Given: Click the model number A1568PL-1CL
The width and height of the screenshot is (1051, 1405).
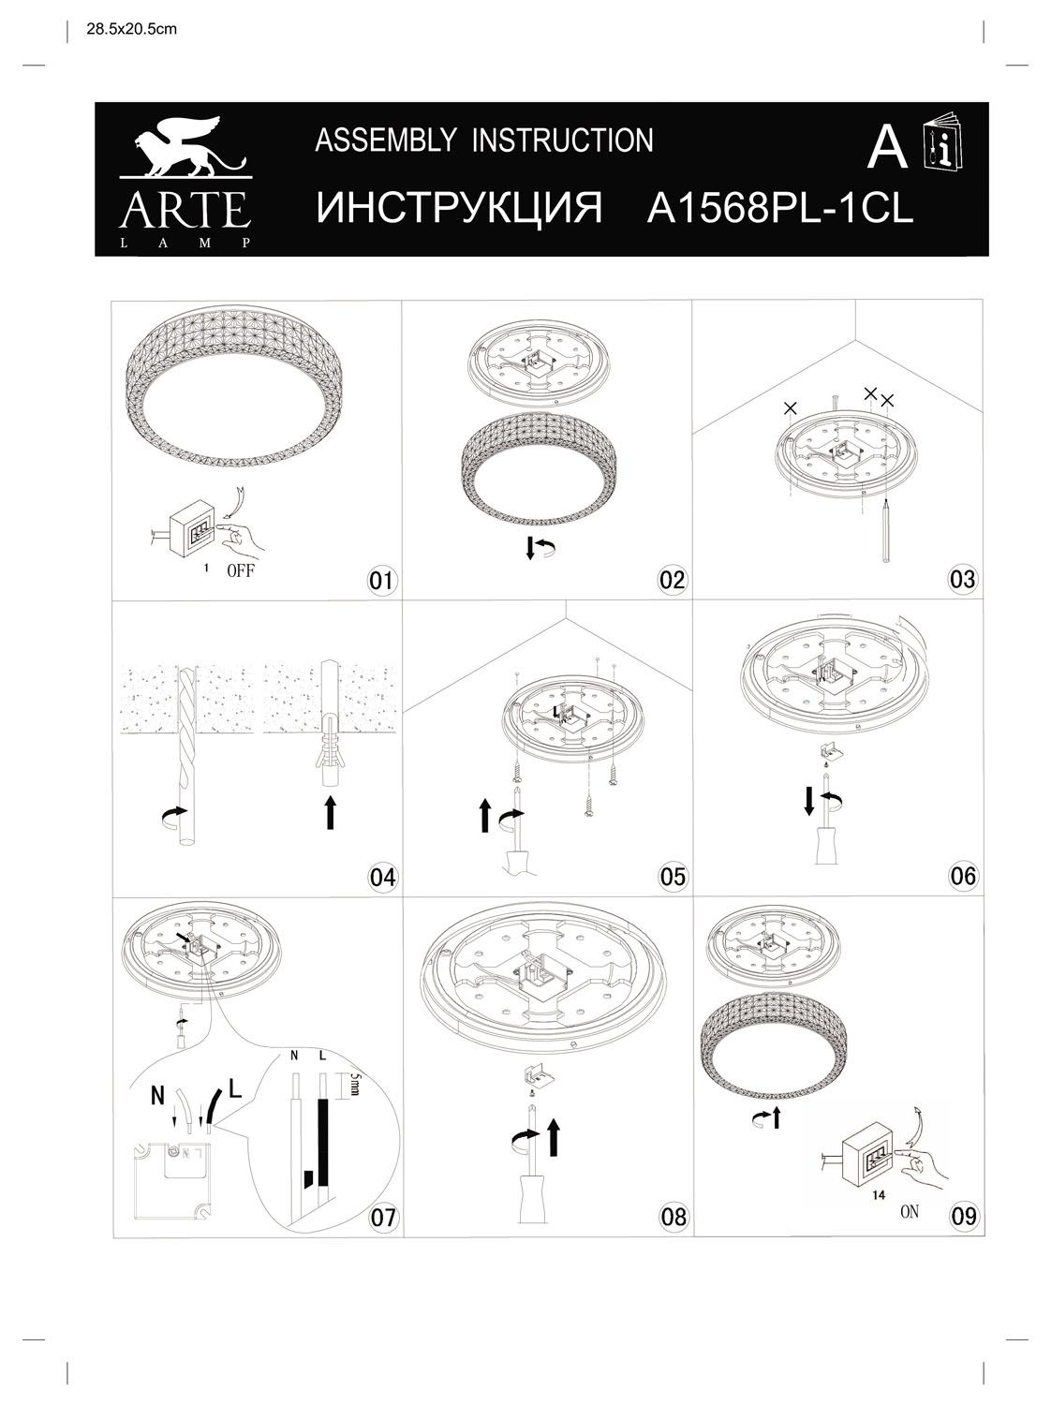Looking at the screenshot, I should (x=779, y=209).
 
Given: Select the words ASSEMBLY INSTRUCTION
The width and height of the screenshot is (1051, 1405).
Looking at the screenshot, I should (x=483, y=140).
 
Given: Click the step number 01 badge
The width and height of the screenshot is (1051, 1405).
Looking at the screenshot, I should (x=381, y=580).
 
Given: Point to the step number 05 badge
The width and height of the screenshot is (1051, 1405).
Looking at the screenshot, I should (x=673, y=877).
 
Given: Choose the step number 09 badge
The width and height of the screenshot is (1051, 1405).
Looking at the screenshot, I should (x=963, y=1216).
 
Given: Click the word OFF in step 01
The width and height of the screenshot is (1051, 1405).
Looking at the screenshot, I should (x=241, y=571).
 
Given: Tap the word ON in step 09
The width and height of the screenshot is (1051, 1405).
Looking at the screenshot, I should (x=909, y=1211).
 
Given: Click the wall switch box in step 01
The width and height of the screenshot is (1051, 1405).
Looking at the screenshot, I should (x=194, y=536).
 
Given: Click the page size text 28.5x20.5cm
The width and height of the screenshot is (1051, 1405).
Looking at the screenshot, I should (x=131, y=29).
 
